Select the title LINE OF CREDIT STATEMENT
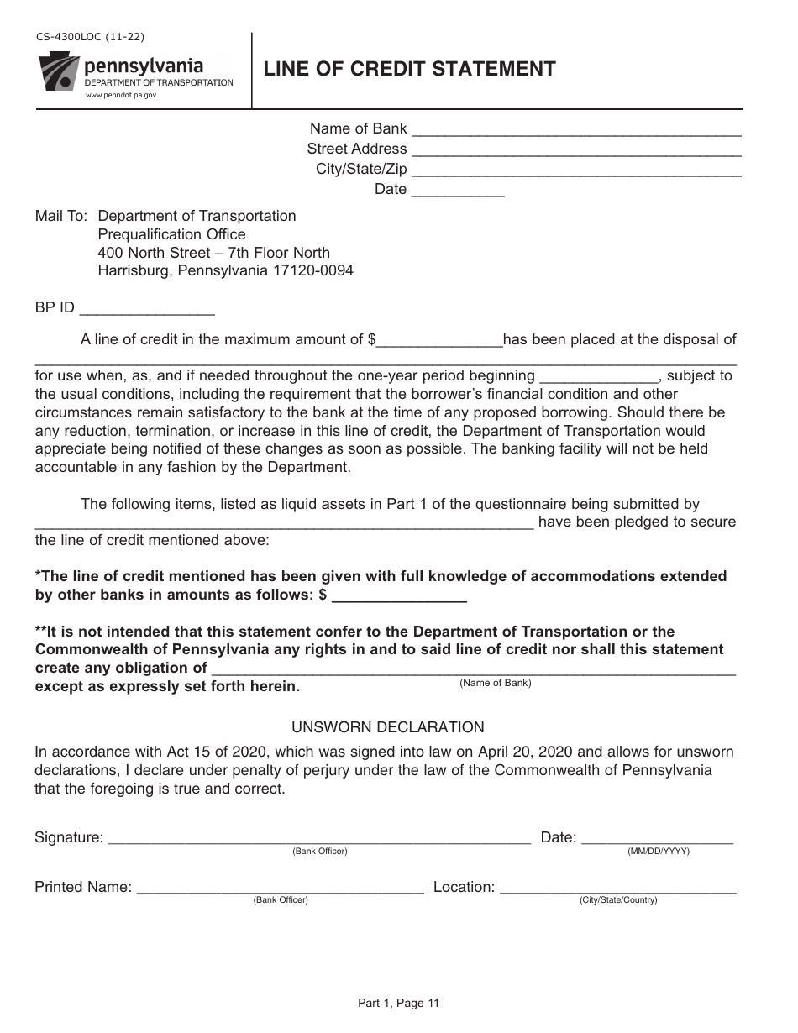[x=409, y=69]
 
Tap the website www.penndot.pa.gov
[x=121, y=96]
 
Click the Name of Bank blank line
[x=576, y=130]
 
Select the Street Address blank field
[x=576, y=150]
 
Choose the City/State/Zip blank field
[x=576, y=170]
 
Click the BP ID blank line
[x=146, y=310]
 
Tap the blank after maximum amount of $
[x=439, y=342]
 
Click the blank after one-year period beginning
[x=598, y=378]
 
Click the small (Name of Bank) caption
[x=495, y=683]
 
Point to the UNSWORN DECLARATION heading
[x=388, y=727]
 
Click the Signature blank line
[x=319, y=839]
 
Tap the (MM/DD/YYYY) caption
[x=659, y=851]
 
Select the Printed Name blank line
[x=280, y=889]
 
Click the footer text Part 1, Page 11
[x=399, y=1002]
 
